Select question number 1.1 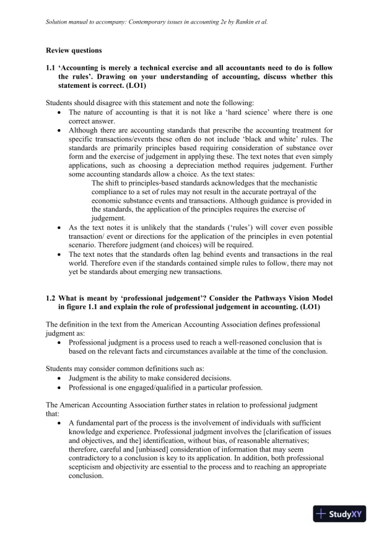51,67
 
